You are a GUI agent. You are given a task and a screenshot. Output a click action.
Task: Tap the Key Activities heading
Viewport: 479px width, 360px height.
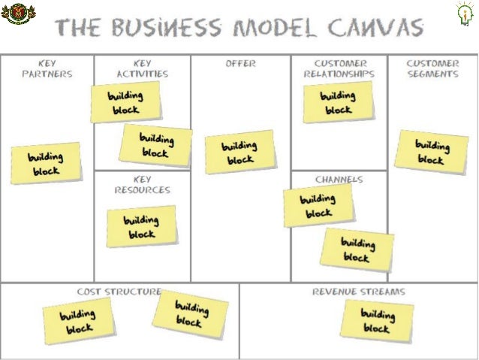click(x=142, y=68)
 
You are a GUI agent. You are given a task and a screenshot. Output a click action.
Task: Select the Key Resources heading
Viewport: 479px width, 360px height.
click(x=142, y=185)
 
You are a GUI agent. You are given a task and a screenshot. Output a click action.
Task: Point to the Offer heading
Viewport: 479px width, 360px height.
click(x=240, y=64)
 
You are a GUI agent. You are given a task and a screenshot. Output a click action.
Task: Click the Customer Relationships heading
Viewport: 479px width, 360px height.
click(x=339, y=68)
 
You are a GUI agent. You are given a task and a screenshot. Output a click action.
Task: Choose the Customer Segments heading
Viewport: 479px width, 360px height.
click(x=432, y=68)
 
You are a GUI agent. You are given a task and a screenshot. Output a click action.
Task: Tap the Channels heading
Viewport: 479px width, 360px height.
click(x=339, y=180)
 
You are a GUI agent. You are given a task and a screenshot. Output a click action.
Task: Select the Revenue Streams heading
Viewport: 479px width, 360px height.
click(x=359, y=291)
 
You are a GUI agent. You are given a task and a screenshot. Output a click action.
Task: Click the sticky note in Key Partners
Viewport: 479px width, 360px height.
click(x=46, y=163)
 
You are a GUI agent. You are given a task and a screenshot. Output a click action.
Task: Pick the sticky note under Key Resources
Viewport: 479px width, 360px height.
click(x=141, y=227)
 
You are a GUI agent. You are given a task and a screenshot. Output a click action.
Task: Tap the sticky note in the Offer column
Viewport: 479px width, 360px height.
click(x=239, y=153)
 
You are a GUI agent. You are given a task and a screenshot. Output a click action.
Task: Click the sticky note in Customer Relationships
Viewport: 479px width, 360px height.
click(x=338, y=102)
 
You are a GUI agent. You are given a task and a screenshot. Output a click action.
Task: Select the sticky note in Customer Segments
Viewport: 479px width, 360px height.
click(x=431, y=151)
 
